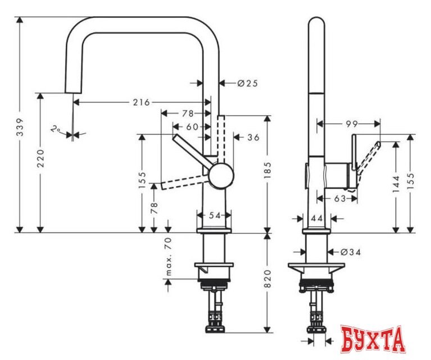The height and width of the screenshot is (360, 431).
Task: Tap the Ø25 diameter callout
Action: pos(246,83)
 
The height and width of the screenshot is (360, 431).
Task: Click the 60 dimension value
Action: pos(192,127)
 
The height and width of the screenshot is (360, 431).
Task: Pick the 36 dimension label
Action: pos(253,137)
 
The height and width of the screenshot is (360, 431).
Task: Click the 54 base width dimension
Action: pos(214,215)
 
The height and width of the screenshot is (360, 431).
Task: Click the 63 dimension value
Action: pos(339,198)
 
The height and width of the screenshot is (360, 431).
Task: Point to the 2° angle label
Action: pos(55,129)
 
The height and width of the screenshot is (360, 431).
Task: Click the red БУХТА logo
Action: pos(373,340)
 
